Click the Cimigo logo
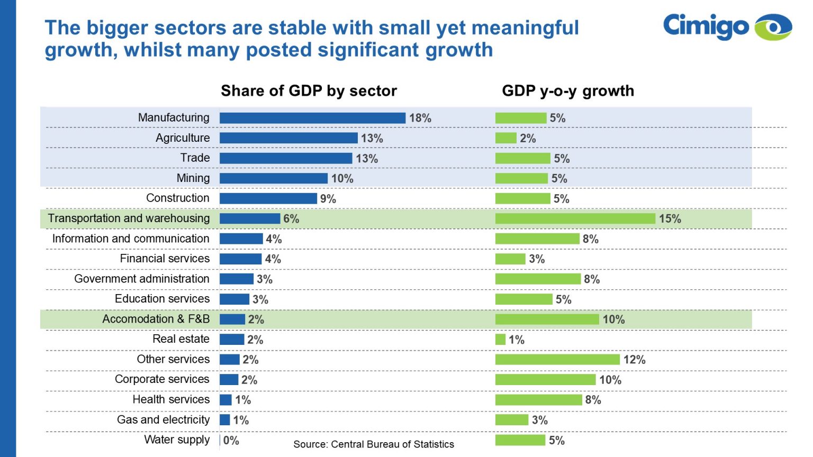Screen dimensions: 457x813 (x=727, y=26)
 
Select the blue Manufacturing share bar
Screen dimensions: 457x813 (x=312, y=118)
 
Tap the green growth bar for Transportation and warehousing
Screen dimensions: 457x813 (x=575, y=218)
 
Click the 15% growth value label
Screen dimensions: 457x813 (x=670, y=218)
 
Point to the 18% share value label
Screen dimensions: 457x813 (x=420, y=118)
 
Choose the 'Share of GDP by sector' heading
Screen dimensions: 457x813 (x=309, y=91)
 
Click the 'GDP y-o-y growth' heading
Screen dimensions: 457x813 (x=567, y=91)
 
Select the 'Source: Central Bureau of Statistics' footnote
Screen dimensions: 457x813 (x=374, y=444)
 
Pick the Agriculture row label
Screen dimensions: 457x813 (x=183, y=138)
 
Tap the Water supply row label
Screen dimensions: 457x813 (x=177, y=440)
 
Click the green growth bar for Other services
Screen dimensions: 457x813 (x=557, y=360)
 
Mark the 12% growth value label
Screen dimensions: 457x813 (x=634, y=360)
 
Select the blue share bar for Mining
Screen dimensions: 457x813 (x=274, y=178)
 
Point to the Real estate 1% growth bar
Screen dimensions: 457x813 (x=500, y=340)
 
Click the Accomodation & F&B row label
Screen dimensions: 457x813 (x=156, y=319)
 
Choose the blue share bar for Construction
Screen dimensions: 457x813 (x=268, y=198)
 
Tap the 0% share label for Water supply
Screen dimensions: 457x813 (x=231, y=440)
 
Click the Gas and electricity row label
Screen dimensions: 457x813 (x=163, y=419)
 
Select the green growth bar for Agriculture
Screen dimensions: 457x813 (x=505, y=138)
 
